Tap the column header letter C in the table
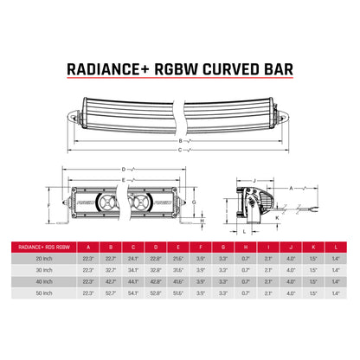click(x=133, y=245)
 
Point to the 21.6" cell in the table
click(x=177, y=258)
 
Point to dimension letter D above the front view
click(x=124, y=168)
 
